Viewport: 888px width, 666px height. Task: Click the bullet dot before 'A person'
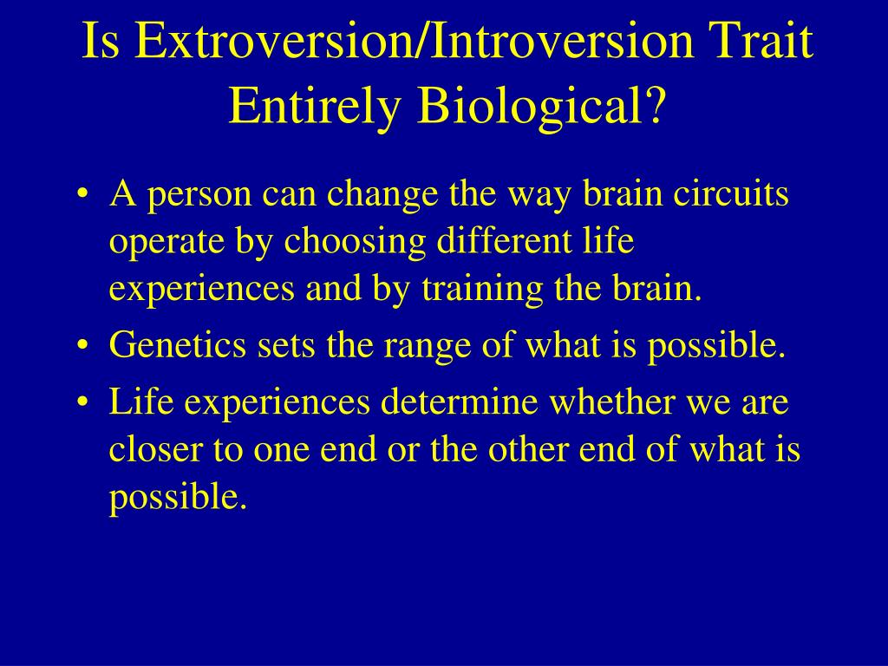coord(83,194)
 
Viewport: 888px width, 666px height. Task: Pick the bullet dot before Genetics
coord(83,345)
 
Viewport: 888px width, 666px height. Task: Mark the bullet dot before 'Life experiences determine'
coord(83,402)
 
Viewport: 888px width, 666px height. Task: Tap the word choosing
coord(355,243)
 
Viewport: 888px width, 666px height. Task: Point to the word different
coord(504,239)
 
